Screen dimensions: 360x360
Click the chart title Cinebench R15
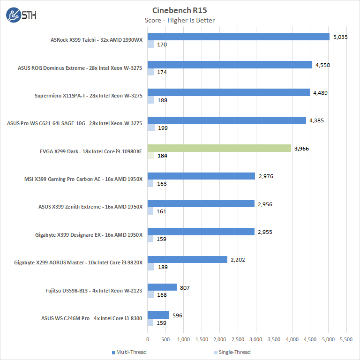180,10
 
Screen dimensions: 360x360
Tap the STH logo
21,15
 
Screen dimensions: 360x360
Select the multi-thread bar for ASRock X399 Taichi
238,37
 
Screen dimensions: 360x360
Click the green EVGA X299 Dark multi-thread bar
219,148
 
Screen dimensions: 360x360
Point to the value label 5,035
340,37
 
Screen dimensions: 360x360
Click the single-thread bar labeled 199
151,127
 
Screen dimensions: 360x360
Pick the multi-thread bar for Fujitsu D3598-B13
162,287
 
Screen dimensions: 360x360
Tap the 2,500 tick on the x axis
238,339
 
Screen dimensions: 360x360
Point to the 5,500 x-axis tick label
346,339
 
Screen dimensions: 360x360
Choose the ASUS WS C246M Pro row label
92,318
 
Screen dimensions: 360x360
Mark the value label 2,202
238,259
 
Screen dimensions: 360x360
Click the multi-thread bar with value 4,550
230,65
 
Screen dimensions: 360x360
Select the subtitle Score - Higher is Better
180,20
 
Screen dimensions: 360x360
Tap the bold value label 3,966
301,148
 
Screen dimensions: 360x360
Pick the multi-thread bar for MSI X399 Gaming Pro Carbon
201,176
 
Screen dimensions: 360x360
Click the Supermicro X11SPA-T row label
89,96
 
